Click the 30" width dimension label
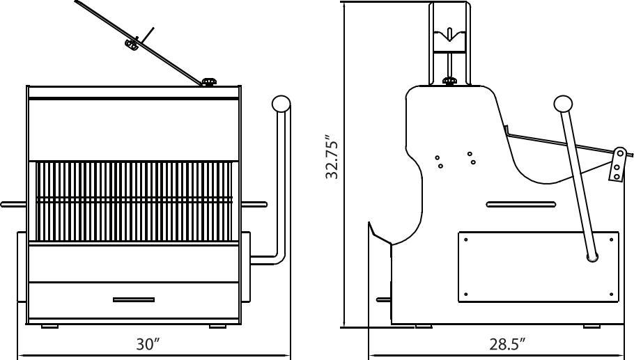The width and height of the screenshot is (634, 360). pos(148,344)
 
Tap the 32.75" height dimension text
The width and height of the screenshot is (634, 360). pos(332,157)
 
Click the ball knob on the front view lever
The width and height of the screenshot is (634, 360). pos(281,104)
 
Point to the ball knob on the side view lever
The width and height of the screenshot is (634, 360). pos(563,104)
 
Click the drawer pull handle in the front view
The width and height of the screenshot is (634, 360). pos(134,300)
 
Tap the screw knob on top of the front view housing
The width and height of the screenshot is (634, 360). pos(208,82)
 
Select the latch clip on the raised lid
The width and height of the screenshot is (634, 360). pos(131,45)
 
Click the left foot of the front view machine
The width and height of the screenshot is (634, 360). pos(50,326)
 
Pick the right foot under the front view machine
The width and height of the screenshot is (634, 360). pos(217,326)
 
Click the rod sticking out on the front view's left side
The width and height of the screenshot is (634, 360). pos(13,205)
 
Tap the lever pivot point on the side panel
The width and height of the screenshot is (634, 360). pos(593,258)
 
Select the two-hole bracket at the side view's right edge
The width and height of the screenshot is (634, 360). pos(617,164)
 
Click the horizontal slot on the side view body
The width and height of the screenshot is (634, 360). pos(520,205)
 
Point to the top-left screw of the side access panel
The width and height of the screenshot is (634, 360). pos(465,240)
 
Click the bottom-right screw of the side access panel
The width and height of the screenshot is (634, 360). pos(612,295)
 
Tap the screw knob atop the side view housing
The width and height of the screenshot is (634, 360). pos(450,81)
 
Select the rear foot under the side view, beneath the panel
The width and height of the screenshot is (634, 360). pos(592,326)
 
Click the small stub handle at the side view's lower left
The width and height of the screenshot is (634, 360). pos(382,299)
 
